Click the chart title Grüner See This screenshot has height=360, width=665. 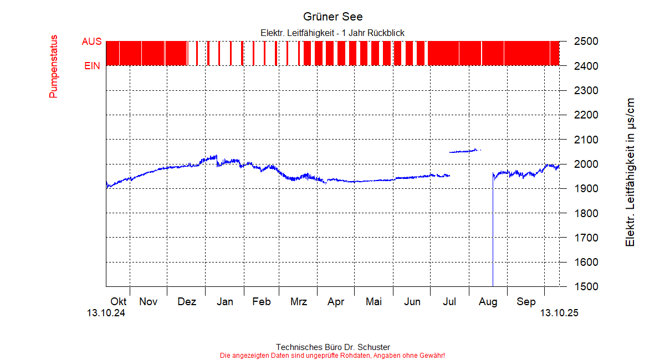(332, 17)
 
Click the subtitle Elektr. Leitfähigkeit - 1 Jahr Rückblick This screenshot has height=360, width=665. (332, 33)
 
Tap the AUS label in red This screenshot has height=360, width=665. (91, 42)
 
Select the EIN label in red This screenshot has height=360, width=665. (92, 66)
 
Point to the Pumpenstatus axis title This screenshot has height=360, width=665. (54, 66)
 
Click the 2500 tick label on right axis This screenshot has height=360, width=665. (585, 42)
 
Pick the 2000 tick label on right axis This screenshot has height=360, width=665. (585, 164)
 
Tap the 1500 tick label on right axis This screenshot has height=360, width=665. (585, 287)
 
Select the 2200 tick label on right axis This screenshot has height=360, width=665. (585, 115)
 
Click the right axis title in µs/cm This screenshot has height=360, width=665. (630, 173)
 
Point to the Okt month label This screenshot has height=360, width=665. (119, 302)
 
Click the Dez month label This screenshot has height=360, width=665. (187, 302)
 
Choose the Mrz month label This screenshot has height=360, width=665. (299, 302)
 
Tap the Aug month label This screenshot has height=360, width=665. (488, 302)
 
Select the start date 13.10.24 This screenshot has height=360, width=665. (106, 313)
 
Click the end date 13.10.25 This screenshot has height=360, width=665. (560, 313)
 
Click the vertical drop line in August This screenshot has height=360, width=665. (493, 233)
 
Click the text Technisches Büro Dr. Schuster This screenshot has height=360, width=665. (332, 347)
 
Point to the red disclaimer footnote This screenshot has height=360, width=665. (332, 355)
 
